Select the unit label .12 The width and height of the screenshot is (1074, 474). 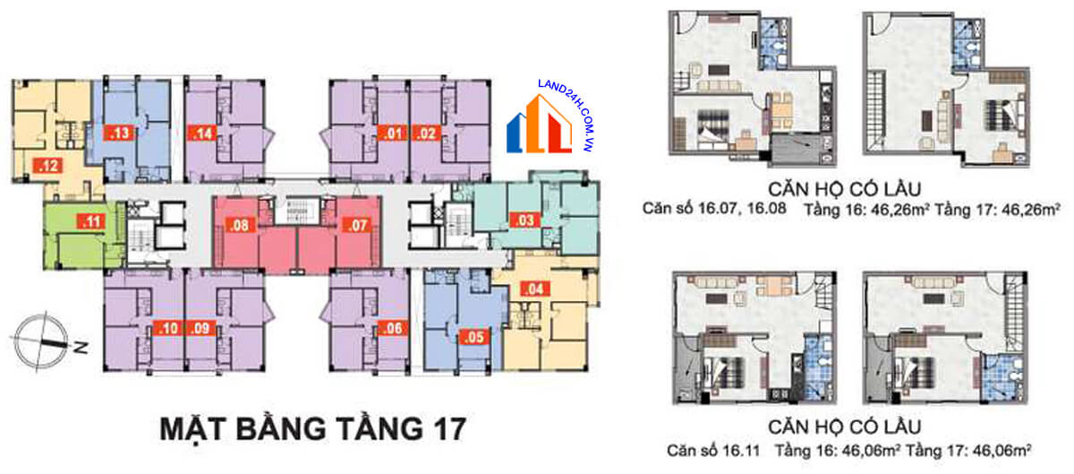[45, 165]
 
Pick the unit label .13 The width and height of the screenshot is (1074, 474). [119, 134]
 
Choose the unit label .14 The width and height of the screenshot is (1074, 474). [202, 134]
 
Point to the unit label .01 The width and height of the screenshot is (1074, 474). [391, 134]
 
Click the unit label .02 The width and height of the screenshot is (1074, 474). [426, 134]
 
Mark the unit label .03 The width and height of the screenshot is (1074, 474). [523, 220]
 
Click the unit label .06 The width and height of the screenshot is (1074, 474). [390, 328]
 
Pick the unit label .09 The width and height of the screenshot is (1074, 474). [201, 328]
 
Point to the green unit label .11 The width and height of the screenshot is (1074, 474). [90, 220]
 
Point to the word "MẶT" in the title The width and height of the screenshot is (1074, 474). [193, 427]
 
